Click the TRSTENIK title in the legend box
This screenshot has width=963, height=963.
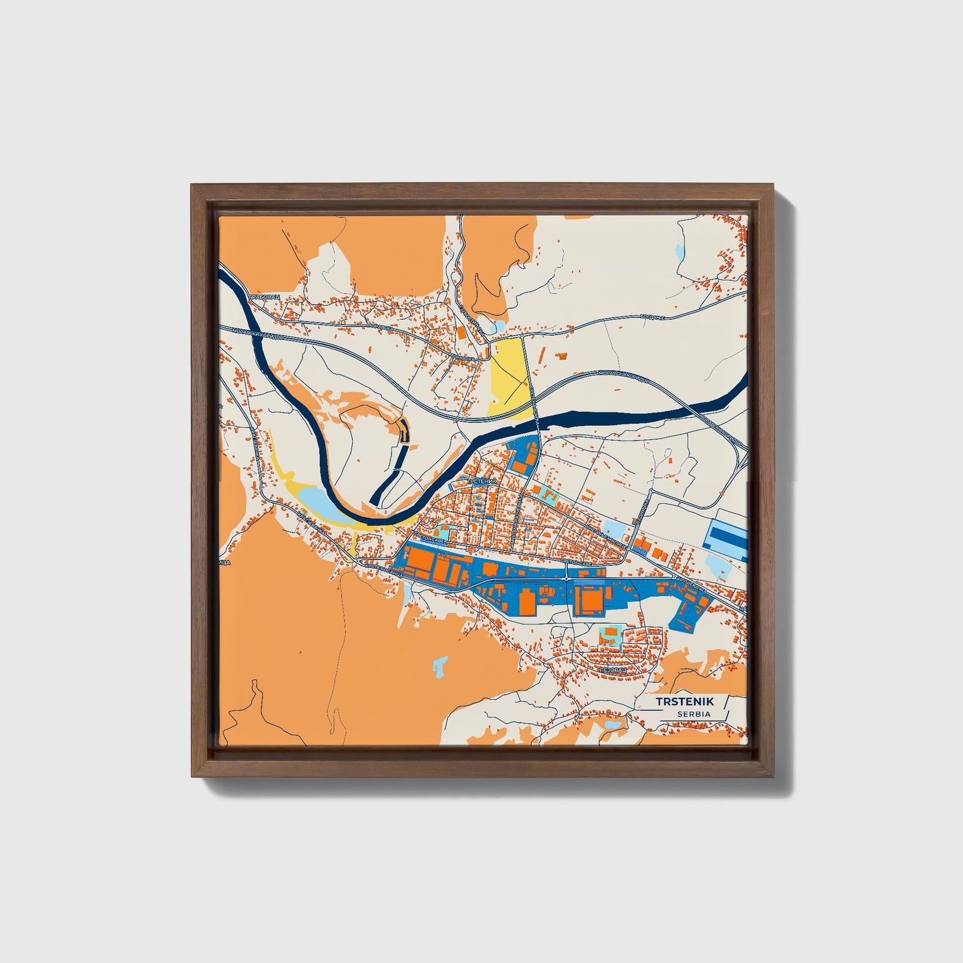[684, 702]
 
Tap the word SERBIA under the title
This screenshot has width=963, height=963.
[694, 714]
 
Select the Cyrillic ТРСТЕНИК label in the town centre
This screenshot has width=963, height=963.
[482, 481]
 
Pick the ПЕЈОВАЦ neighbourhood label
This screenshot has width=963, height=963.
[614, 670]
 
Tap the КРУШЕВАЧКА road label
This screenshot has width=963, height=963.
[690, 584]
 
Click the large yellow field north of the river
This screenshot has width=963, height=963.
[510, 376]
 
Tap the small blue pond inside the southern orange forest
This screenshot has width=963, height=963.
[440, 663]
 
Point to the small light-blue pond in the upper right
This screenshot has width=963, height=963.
[679, 254]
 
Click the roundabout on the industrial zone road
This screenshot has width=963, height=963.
[566, 579]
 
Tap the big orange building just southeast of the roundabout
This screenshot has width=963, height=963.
[588, 598]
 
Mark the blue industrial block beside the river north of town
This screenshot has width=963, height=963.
[523, 453]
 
